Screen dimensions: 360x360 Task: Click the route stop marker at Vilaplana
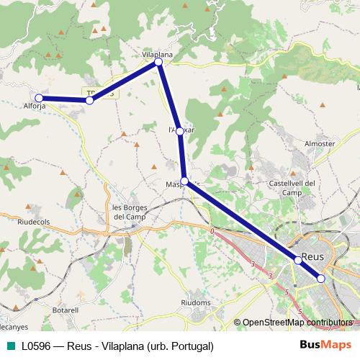[158, 63]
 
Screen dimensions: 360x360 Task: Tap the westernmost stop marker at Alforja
[40, 99]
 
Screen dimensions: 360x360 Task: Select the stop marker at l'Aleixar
[180, 132]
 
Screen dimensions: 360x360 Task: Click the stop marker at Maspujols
[184, 181]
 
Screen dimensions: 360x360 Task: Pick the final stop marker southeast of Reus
[321, 279]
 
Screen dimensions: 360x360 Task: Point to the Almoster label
[320, 143]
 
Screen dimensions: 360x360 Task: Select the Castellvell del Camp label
[292, 188]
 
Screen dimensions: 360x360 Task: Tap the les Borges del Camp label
[130, 212]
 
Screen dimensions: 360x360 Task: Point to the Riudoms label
[195, 303]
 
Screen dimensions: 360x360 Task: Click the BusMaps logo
[321, 346]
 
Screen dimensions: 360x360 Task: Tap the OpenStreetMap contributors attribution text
[297, 323]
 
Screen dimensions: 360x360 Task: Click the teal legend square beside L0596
[9, 346]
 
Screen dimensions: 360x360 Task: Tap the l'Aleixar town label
[181, 130]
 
